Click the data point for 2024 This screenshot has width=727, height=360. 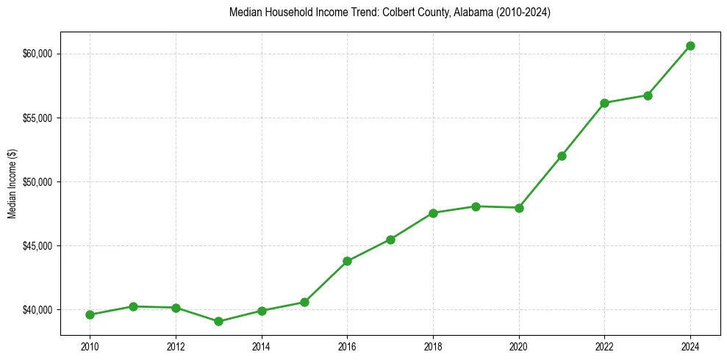pyautogui.click(x=690, y=46)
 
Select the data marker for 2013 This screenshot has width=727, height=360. pyautogui.click(x=218, y=321)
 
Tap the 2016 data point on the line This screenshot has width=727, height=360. pyautogui.click(x=347, y=261)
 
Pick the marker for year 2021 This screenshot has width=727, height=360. pyautogui.click(x=562, y=156)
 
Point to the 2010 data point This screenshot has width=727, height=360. pyautogui.click(x=90, y=314)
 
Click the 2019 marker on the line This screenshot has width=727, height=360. pyautogui.click(x=476, y=206)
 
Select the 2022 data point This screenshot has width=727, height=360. pyautogui.click(x=604, y=103)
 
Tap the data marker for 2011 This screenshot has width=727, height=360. pyautogui.click(x=133, y=306)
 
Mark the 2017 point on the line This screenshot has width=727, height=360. pyautogui.click(x=390, y=240)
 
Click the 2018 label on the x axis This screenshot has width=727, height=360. pyautogui.click(x=433, y=346)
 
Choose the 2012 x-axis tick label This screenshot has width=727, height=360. pyautogui.click(x=176, y=346)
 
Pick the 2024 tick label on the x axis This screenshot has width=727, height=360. pyautogui.click(x=690, y=346)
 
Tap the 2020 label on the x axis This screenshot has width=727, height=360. pyautogui.click(x=519, y=346)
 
